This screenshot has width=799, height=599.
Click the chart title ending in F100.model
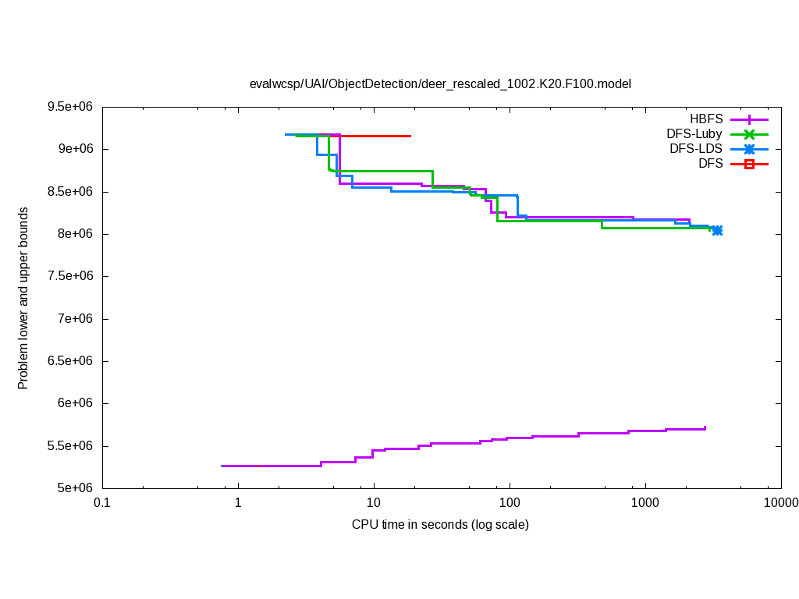click(x=440, y=83)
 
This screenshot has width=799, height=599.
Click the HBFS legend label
click(x=706, y=119)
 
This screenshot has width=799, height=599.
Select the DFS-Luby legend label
click(x=694, y=134)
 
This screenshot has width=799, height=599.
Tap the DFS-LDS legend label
click(x=696, y=149)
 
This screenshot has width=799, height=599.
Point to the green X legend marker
click(x=749, y=134)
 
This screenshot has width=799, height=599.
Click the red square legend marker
click(x=749, y=164)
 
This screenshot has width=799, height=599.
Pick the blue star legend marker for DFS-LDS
click(x=749, y=149)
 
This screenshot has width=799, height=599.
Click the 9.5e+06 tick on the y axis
click(x=73, y=107)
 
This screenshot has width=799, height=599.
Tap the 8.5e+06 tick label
click(x=73, y=192)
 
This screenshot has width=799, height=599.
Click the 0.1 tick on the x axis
click(x=101, y=504)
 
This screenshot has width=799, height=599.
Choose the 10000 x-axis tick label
click(x=780, y=504)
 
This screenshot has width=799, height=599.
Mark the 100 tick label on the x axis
click(x=510, y=504)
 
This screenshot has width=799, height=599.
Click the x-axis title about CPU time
click(x=440, y=524)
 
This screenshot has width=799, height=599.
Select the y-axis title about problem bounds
click(x=23, y=298)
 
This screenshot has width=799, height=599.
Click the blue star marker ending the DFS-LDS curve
click(x=717, y=230)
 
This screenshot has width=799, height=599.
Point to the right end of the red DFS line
click(x=410, y=136)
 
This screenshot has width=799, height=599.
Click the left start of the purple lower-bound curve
click(x=222, y=466)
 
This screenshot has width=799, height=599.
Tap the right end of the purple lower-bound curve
click(x=705, y=427)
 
